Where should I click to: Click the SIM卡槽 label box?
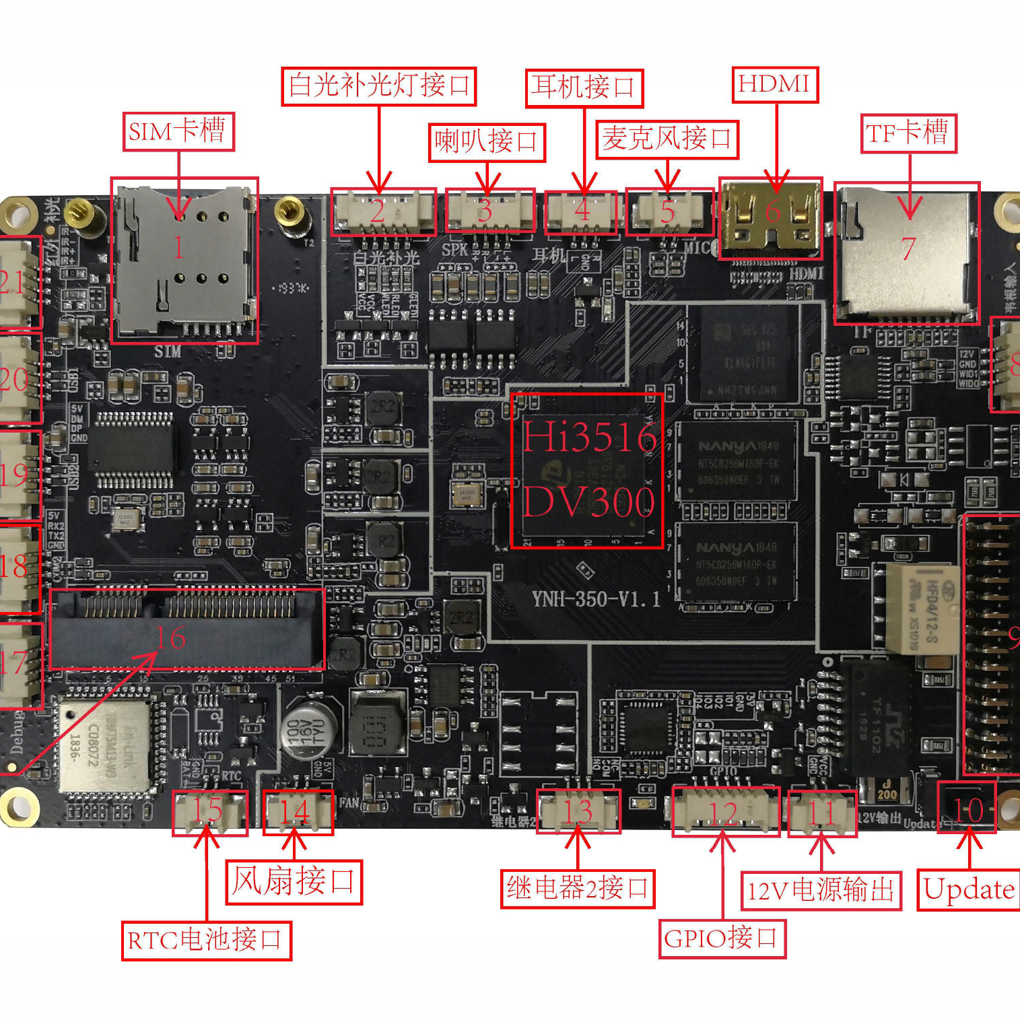(178, 131)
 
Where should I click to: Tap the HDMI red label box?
(775, 84)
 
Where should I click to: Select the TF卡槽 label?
(908, 133)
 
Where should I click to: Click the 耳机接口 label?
(584, 88)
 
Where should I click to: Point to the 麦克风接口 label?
(667, 139)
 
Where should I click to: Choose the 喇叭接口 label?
(487, 142)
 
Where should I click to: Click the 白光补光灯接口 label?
(379, 86)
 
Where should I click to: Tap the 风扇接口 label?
(294, 882)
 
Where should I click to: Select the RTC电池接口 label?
(206, 941)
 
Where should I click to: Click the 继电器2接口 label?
(578, 889)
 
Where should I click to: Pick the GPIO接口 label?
(722, 939)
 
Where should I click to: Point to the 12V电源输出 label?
(821, 891)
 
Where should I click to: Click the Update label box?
(969, 890)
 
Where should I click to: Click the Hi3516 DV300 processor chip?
(586, 471)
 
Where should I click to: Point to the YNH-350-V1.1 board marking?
(596, 599)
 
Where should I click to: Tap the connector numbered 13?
(578, 811)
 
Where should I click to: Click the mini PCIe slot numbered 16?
(186, 630)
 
